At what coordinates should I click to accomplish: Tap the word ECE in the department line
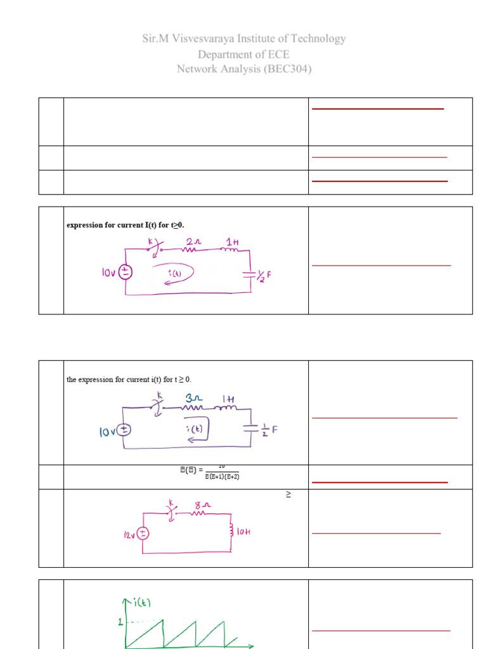(276, 55)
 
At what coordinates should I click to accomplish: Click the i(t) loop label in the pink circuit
(175, 273)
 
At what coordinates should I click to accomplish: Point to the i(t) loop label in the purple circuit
(195, 428)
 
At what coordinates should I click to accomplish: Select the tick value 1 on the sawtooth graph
(120, 622)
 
